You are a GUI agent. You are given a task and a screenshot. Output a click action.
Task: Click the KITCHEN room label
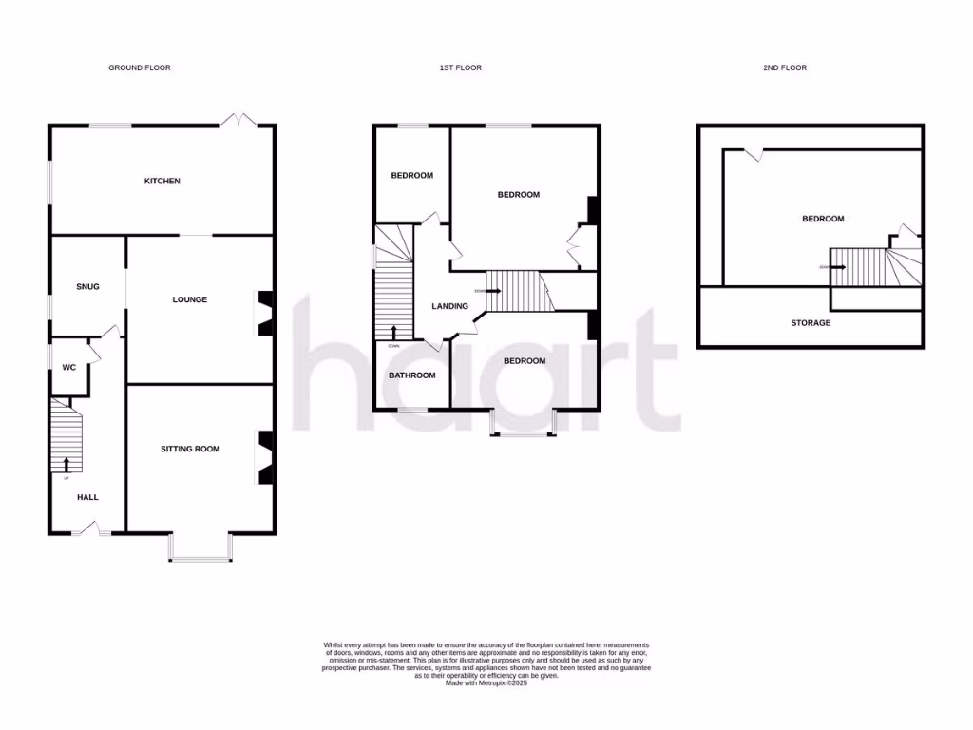click(162, 181)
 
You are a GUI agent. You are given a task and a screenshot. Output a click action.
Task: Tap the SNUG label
click(87, 286)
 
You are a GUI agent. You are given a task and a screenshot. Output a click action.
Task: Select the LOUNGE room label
click(189, 299)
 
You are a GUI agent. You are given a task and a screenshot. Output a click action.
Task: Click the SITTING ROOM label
click(189, 449)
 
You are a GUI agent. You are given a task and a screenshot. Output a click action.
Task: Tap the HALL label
click(87, 497)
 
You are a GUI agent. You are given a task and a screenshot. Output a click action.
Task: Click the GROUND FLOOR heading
click(140, 67)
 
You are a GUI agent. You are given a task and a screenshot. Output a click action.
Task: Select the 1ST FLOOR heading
click(460, 67)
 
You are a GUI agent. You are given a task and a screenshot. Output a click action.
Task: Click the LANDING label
click(449, 306)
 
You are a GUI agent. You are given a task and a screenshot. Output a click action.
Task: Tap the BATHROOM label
click(411, 375)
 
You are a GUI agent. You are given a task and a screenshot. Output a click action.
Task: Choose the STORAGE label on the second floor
click(811, 323)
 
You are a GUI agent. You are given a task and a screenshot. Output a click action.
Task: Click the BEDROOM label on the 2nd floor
click(823, 219)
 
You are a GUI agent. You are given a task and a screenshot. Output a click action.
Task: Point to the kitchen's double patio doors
click(238, 121)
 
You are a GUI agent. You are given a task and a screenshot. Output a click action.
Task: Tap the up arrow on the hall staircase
click(67, 464)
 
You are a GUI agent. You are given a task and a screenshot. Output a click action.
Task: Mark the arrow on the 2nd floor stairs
click(837, 267)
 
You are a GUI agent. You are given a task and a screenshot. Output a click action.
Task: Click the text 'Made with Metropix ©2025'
click(486, 682)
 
